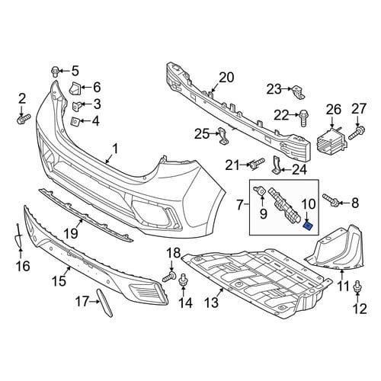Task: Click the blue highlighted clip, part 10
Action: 309,226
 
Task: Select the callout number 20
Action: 226,78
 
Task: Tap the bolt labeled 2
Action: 24,119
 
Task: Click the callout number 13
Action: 212,303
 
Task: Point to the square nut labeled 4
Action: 75,121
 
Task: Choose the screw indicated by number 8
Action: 331,200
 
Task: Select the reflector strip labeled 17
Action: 104,303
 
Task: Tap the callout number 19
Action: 71,233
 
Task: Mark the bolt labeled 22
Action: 303,117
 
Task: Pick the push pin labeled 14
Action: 183,281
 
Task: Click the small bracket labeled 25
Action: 223,136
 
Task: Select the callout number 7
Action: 240,205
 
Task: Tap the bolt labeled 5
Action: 55,71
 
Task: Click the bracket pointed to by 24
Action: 276,165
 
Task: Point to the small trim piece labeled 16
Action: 18,235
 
